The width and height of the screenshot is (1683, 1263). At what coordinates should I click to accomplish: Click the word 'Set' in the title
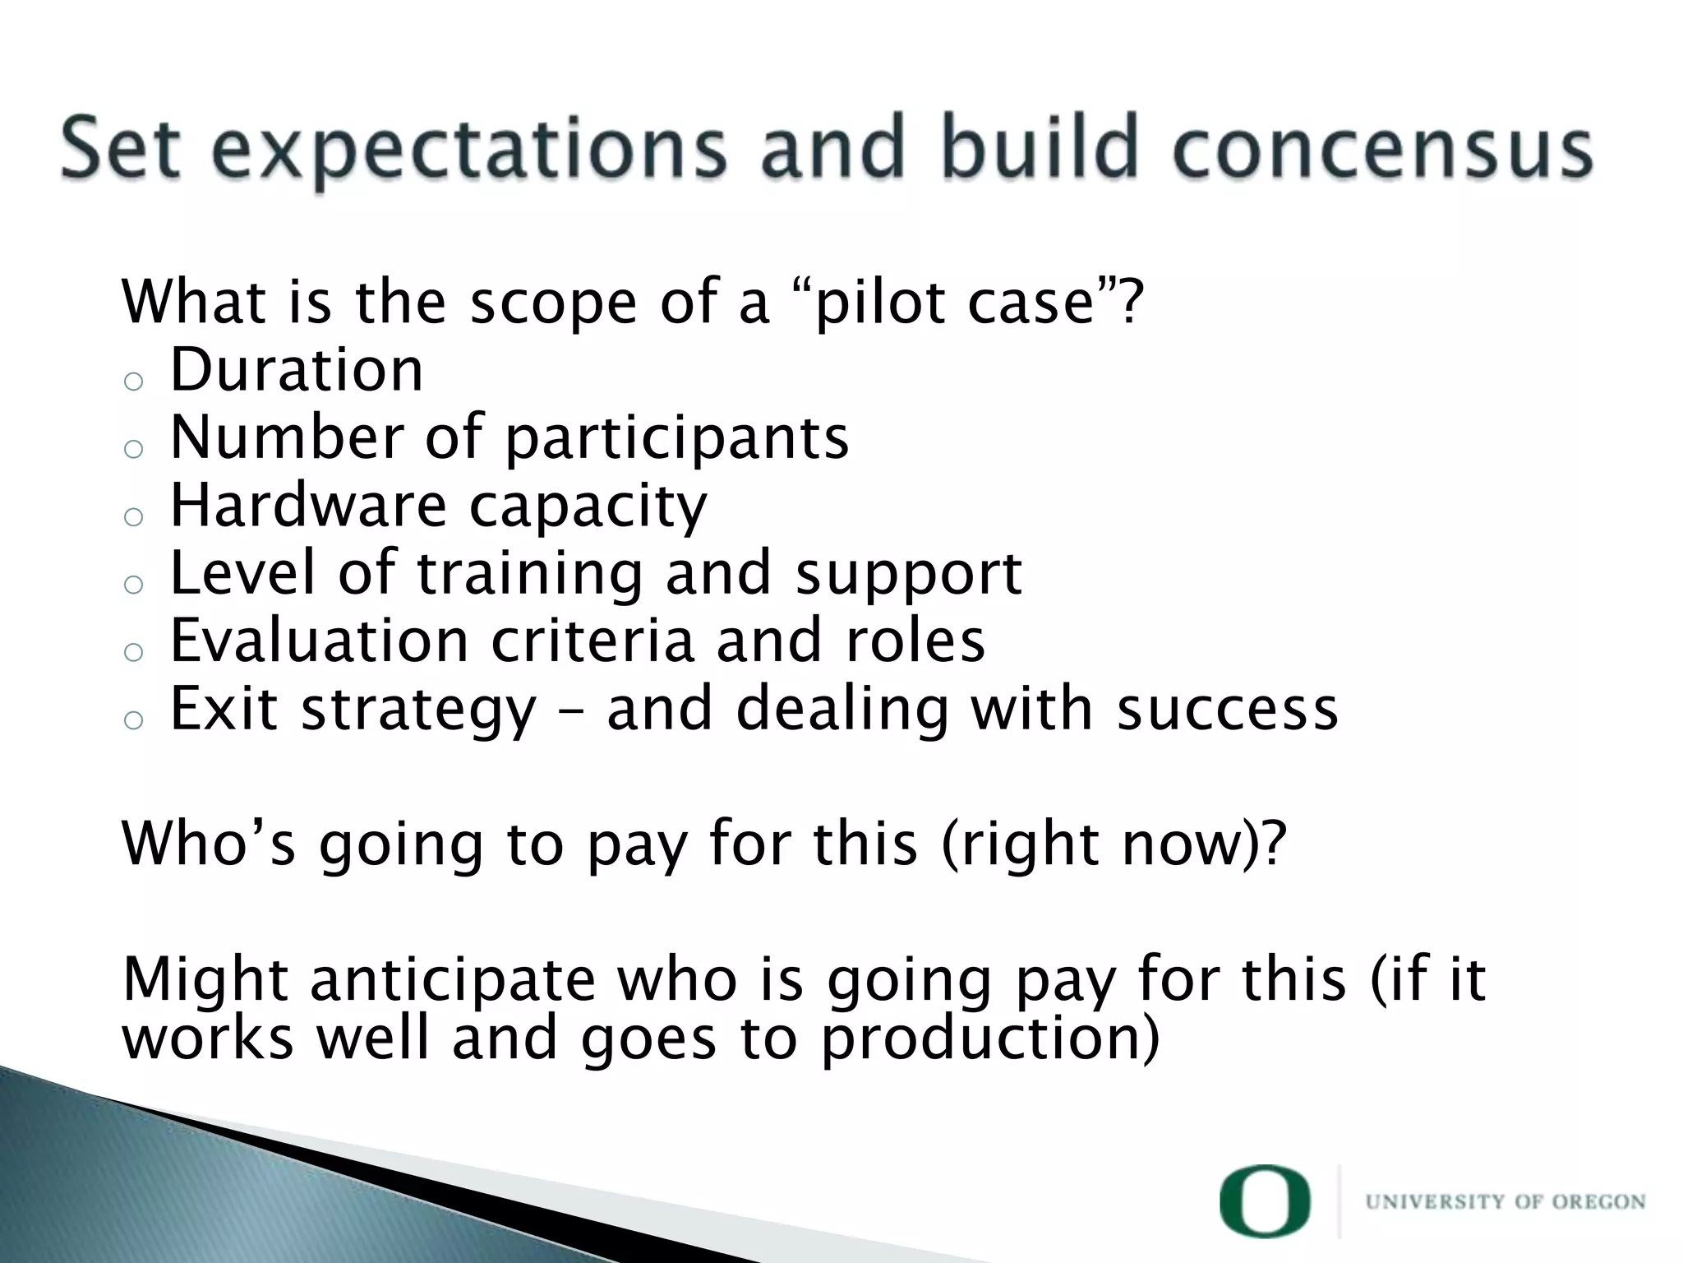(120, 149)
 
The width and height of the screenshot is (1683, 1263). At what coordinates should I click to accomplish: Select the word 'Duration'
(297, 370)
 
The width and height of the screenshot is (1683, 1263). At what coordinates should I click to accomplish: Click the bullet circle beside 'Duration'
(133, 382)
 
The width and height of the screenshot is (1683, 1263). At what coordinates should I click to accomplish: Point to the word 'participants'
(676, 439)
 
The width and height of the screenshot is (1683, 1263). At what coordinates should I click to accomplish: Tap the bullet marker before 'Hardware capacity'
(133, 517)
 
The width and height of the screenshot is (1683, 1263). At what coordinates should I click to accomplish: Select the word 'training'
(530, 574)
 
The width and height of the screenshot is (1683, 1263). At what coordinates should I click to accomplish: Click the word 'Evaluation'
(319, 641)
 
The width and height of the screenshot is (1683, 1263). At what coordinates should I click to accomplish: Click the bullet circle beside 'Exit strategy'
(133, 720)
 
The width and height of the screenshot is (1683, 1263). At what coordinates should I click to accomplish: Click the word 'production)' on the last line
(990, 1039)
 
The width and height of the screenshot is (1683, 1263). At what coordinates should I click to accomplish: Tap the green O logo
(1265, 1201)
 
